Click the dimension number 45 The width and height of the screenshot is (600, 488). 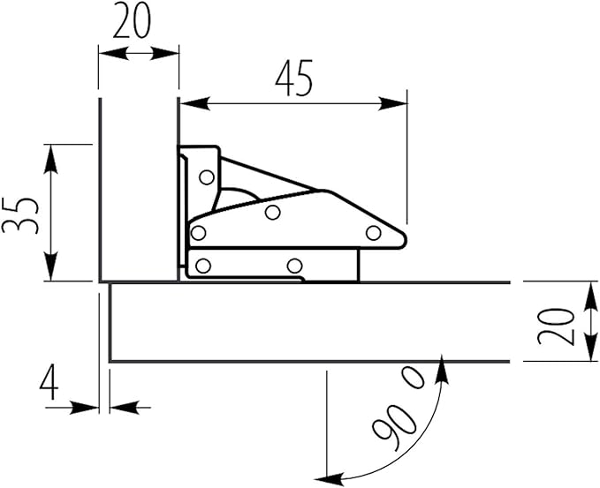[x=294, y=79]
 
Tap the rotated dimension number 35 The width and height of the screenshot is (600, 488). [x=20, y=215]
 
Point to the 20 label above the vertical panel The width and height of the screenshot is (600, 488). [x=132, y=20]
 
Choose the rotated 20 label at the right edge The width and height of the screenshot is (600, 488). [x=556, y=327]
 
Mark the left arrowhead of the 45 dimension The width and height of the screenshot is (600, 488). [x=194, y=103]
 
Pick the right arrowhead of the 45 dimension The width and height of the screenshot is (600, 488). [x=392, y=103]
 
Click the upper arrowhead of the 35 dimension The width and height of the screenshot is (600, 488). [x=50, y=160]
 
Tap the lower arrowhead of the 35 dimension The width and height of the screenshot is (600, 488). [x=50, y=266]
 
